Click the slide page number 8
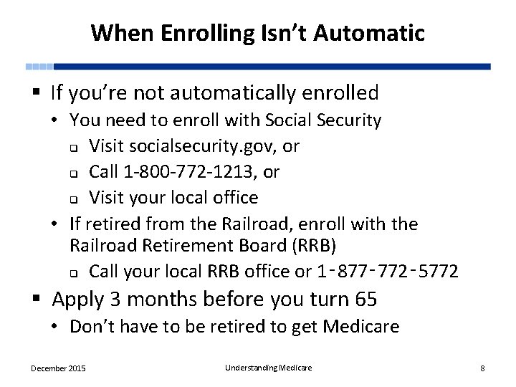[x=482, y=368]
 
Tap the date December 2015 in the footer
[x=58, y=368]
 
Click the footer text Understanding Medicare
[x=269, y=368]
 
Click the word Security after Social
[x=348, y=120]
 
